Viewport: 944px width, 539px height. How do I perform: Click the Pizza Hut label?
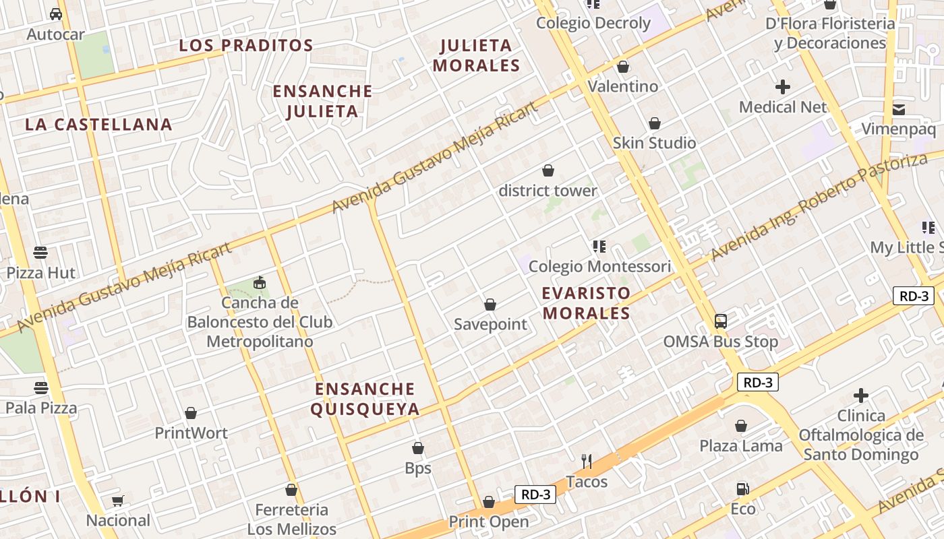tap(41, 273)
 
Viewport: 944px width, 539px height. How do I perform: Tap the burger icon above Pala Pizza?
tap(41, 388)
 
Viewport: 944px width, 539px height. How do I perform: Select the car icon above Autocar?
tap(56, 14)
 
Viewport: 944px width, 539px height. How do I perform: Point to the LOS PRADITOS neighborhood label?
tap(246, 46)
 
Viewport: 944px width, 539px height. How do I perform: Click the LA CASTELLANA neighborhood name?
tap(98, 125)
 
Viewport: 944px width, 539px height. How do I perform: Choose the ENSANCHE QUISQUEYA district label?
tap(365, 399)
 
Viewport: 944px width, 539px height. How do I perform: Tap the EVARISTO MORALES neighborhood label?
tap(586, 303)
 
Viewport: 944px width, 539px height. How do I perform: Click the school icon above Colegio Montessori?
tap(599, 247)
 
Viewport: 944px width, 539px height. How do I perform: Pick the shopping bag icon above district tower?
tap(548, 171)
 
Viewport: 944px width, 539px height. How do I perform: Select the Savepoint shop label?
tap(490, 324)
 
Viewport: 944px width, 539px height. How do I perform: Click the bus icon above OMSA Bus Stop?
tap(721, 321)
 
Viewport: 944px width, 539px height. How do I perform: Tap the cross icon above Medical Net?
tap(783, 87)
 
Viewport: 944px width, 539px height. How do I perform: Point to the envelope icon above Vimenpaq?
tap(899, 110)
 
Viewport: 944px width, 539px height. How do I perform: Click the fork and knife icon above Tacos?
tap(587, 462)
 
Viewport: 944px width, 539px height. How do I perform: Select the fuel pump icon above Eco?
tap(742, 488)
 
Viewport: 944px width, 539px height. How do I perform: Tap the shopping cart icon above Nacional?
tap(118, 501)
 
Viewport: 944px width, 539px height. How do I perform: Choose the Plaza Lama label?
tap(741, 446)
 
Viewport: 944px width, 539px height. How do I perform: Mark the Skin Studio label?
tap(654, 143)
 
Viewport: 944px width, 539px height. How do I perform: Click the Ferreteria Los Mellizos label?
tap(291, 519)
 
